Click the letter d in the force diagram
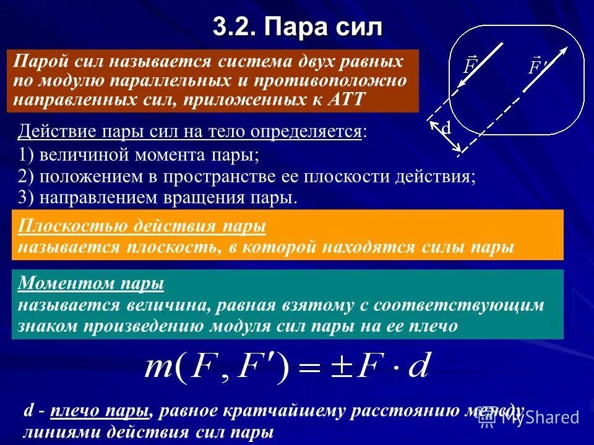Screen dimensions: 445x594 [x=445, y=129]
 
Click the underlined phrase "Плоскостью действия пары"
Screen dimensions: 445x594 [x=142, y=227]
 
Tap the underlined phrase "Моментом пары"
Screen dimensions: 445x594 [x=90, y=284]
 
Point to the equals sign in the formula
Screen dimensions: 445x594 [x=308, y=369]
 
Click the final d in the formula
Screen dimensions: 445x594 [x=420, y=367]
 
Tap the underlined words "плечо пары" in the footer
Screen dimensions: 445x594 [x=100, y=411]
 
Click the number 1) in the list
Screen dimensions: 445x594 [x=28, y=155]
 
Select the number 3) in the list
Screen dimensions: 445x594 [x=28, y=197]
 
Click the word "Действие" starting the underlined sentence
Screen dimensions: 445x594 [x=49, y=131]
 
